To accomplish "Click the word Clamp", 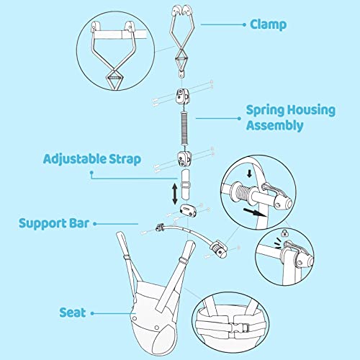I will click(269, 24).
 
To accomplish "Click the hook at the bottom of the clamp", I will click(181, 73).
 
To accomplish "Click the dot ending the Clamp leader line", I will click(202, 24).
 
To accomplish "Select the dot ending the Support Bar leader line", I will click(138, 223).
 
